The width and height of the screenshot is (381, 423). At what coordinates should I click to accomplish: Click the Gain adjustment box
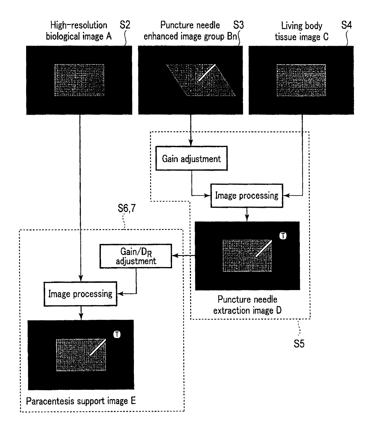[191, 159]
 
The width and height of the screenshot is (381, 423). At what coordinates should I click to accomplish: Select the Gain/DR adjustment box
[136, 256]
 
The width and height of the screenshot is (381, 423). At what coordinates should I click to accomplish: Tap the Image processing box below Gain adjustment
[246, 196]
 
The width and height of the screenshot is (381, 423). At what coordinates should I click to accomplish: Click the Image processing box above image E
[80, 294]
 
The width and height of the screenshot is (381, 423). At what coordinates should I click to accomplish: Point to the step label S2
[125, 25]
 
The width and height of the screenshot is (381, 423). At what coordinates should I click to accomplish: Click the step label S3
[238, 25]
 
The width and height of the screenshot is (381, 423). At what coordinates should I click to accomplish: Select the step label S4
[346, 25]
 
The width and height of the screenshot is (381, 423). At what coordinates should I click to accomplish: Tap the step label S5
[299, 343]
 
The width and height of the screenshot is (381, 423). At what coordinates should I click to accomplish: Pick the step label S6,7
[127, 208]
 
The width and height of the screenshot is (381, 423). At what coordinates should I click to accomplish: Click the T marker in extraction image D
[283, 236]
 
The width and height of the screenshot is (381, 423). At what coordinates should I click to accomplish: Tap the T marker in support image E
[117, 334]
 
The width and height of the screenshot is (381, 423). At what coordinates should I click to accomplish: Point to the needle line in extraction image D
[264, 248]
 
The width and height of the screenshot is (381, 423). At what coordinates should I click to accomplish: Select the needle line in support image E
[98, 347]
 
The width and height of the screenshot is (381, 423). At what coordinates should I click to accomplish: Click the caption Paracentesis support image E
[81, 401]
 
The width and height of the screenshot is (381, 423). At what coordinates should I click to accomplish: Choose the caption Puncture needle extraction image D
[247, 305]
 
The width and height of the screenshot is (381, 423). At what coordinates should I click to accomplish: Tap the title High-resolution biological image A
[79, 31]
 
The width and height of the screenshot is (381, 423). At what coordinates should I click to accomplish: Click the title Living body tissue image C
[301, 31]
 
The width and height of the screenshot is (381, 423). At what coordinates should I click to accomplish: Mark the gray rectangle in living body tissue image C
[301, 80]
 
